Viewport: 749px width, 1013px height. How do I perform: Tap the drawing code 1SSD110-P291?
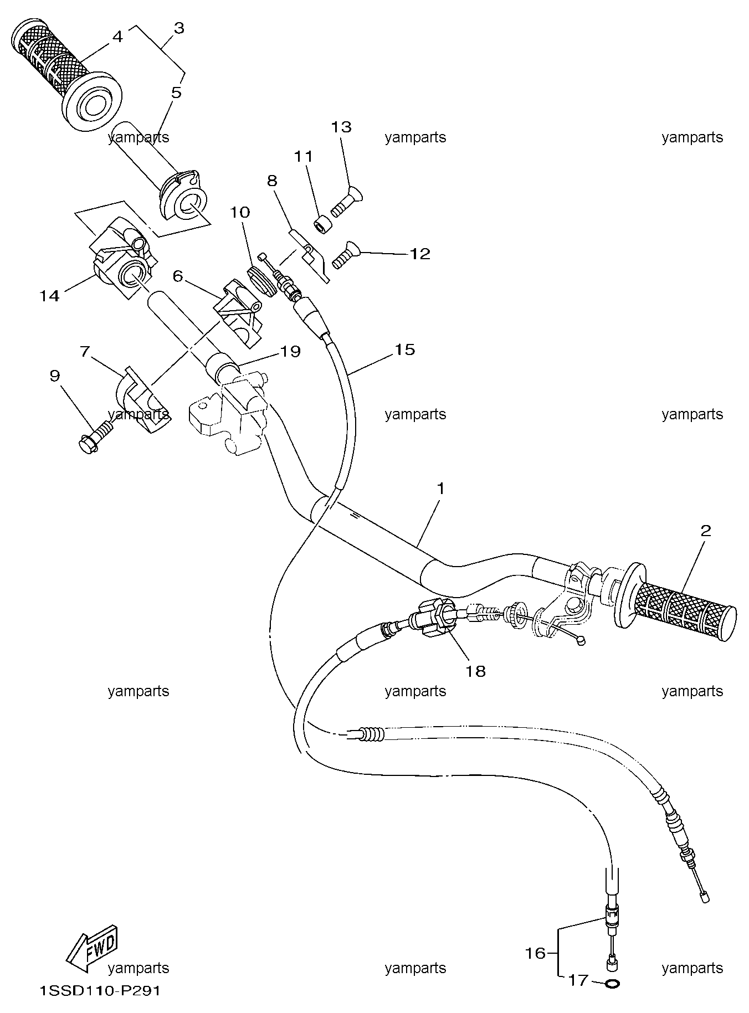click(100, 991)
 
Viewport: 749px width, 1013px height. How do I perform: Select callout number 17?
click(578, 980)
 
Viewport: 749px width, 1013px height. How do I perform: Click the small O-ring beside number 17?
click(613, 984)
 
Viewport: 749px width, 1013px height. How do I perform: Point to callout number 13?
click(341, 127)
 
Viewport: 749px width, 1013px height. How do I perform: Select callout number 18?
click(476, 671)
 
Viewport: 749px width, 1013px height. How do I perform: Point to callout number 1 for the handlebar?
click(440, 488)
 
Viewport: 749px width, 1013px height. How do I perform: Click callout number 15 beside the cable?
click(404, 349)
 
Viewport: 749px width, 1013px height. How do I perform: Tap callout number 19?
click(291, 351)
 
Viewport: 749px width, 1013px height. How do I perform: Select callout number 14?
click(49, 296)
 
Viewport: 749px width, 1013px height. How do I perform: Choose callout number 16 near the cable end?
click(536, 953)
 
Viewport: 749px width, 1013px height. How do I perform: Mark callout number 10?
click(240, 212)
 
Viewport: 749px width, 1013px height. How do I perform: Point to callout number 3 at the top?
click(178, 28)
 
